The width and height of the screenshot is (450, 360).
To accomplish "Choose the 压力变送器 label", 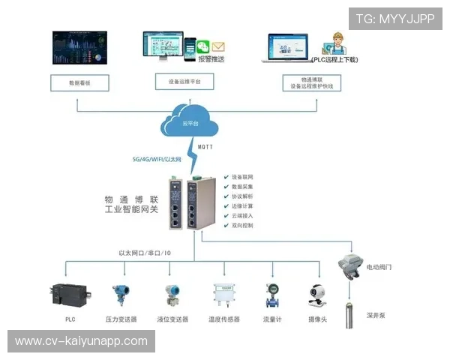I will coord(121,319).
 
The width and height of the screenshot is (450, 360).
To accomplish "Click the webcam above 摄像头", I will coord(318,295).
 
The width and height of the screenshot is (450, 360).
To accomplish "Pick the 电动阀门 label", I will coord(379,266).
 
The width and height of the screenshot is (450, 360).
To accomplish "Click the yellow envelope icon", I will coord(218,46).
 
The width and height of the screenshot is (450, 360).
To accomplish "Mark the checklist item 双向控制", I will coord(244,226).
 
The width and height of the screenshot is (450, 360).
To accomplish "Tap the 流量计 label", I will coord(272,319).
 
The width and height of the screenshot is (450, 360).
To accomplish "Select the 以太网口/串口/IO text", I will coord(145,253).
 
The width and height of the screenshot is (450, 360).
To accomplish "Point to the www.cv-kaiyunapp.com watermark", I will coord(81,341).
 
